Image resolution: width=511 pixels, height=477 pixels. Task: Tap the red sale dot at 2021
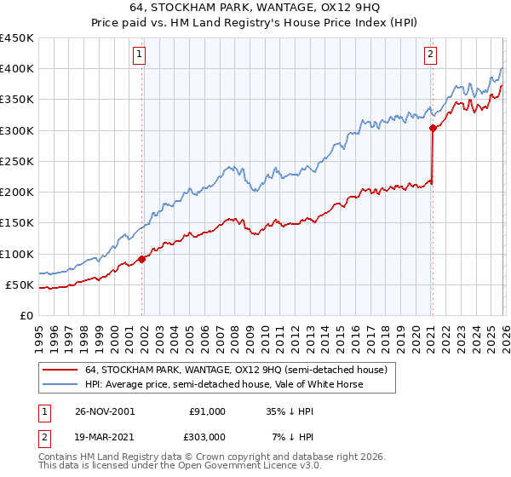(x=433, y=129)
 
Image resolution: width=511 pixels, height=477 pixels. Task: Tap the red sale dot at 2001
(x=142, y=259)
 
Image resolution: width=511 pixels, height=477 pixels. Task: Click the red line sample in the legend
(x=60, y=370)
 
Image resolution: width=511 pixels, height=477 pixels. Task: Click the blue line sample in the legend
(x=60, y=384)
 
